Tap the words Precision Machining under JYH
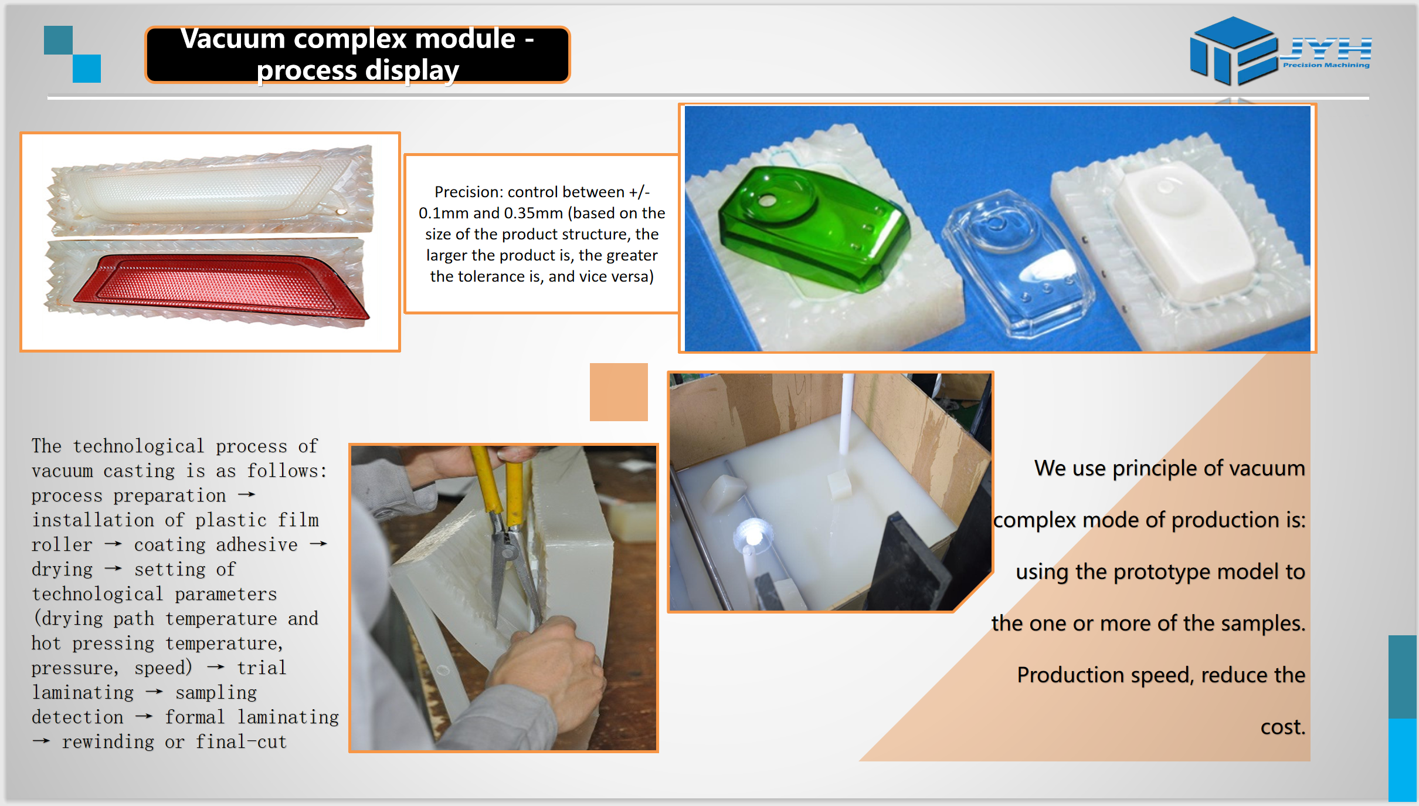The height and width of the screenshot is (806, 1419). [x=1326, y=65]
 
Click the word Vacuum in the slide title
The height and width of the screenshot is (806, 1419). [x=232, y=39]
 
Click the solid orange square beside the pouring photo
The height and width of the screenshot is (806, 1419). [x=619, y=392]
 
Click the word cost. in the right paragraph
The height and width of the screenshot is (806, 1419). [x=1283, y=727]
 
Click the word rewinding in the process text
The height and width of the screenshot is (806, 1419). [x=108, y=742]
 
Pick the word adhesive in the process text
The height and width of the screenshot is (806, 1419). [x=257, y=545]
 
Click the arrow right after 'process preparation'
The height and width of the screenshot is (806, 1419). [x=247, y=495]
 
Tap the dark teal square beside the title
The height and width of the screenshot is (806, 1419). [x=58, y=40]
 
